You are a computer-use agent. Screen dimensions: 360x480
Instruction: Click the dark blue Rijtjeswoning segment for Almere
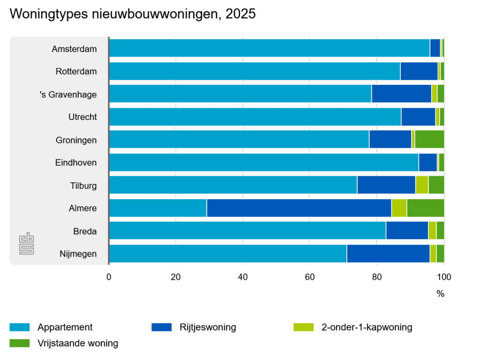pos(299,208)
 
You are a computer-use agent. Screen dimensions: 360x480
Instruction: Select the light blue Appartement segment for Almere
pos(157,208)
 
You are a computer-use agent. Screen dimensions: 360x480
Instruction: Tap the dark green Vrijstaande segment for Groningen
pos(429,139)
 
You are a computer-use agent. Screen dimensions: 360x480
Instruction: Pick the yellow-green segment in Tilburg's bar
pos(422,185)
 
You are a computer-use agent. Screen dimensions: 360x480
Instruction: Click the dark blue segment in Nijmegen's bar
pos(388,254)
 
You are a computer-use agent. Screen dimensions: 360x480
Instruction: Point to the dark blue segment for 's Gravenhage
pos(401,94)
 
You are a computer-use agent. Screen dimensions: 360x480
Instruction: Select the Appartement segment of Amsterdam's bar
pos(269,48)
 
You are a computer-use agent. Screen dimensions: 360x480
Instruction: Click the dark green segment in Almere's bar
pos(425,208)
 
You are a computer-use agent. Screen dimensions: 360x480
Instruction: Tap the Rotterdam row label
pos(76,72)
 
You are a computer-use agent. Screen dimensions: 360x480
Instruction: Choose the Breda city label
pos(85,232)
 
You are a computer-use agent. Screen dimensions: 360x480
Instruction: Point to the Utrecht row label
pos(82,117)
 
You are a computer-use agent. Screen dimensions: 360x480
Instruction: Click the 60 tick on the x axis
pos(309,277)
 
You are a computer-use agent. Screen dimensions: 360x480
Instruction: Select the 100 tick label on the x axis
pos(443,277)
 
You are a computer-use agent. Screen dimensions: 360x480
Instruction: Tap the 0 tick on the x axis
pos(109,277)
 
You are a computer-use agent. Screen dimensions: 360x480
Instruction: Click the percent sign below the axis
pos(440,294)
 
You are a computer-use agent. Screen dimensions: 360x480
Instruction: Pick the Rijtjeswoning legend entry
pos(207,327)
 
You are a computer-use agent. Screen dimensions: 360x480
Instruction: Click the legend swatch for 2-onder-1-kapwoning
pos(303,327)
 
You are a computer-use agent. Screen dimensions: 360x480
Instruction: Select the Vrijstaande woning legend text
pos(78,343)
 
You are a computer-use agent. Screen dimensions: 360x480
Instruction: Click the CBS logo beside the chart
pos(27,244)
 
